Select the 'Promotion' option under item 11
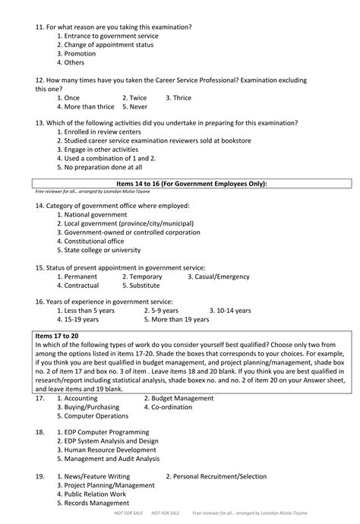click(x=80, y=54)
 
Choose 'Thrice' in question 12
click(x=178, y=98)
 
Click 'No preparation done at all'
click(x=103, y=167)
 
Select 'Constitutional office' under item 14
click(x=94, y=241)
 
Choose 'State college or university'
click(x=103, y=250)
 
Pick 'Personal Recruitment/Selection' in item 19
click(x=213, y=476)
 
